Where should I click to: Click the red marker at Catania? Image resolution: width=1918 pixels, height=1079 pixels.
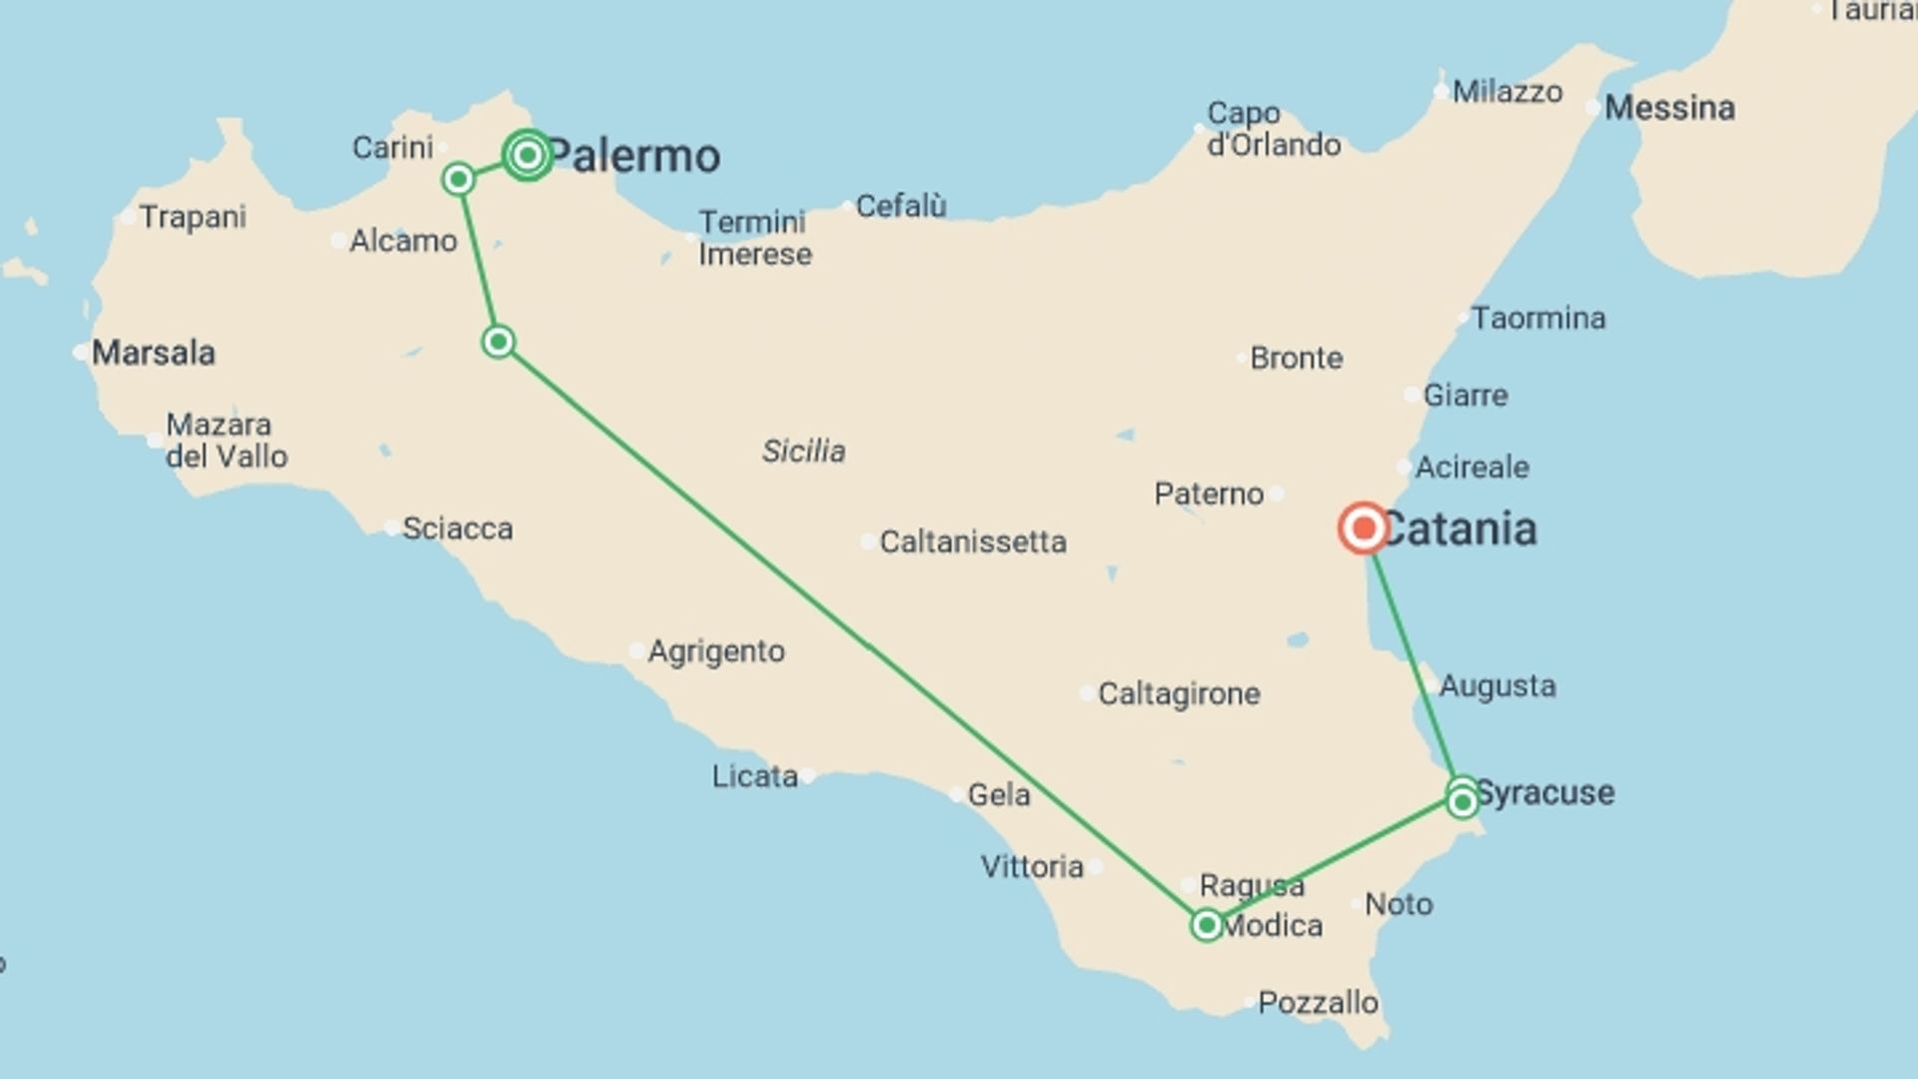(x=1363, y=528)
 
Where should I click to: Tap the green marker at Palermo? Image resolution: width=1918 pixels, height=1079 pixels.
(x=527, y=155)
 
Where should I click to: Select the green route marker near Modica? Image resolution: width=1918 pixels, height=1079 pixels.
(x=1207, y=925)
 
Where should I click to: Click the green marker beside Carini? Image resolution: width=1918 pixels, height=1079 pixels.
(x=459, y=180)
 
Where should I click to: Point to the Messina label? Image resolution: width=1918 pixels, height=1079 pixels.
(x=1669, y=108)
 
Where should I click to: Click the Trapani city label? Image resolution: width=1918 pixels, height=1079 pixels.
(x=193, y=217)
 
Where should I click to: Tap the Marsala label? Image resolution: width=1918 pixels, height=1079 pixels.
(x=153, y=353)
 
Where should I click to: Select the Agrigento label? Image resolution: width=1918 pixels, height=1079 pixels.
(x=716, y=651)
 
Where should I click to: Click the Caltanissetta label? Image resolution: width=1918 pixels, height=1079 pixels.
(x=972, y=541)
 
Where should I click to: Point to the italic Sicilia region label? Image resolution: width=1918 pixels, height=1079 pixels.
(x=803, y=452)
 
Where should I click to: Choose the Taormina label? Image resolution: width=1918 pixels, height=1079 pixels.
(x=1538, y=319)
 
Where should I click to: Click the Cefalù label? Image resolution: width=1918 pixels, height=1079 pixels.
(x=901, y=206)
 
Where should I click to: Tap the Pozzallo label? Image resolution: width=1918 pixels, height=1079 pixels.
(x=1318, y=1002)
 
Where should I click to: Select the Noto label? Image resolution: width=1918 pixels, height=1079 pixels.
(x=1399, y=904)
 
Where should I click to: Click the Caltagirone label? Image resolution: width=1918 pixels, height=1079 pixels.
(x=1179, y=693)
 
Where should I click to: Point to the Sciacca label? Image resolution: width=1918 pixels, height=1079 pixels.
(x=458, y=529)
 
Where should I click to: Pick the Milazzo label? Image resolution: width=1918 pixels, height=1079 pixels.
(x=1507, y=92)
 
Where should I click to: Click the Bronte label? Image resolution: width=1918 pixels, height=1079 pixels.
(x=1297, y=358)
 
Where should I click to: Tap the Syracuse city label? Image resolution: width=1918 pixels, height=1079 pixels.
(x=1545, y=793)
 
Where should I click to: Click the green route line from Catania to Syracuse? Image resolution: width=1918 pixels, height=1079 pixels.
(x=1413, y=664)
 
